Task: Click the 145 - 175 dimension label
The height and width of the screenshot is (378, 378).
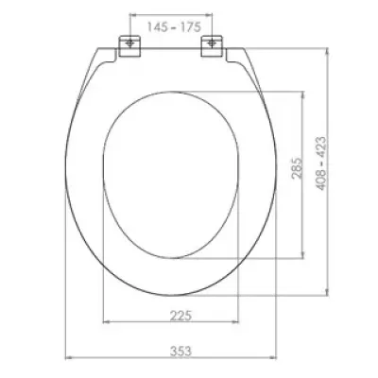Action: (174, 27)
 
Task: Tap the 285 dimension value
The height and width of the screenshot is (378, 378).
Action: (297, 168)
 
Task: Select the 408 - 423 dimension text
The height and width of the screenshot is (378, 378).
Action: (321, 163)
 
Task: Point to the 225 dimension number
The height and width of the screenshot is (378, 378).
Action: (180, 316)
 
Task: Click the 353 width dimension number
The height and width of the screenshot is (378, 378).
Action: (180, 351)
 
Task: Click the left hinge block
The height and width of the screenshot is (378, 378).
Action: (129, 46)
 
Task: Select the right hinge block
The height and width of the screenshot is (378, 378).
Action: (212, 46)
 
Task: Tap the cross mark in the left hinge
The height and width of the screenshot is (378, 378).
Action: (129, 43)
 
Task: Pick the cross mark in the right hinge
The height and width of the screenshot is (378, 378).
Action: (213, 43)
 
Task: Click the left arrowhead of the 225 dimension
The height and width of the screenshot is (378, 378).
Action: (106, 322)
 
